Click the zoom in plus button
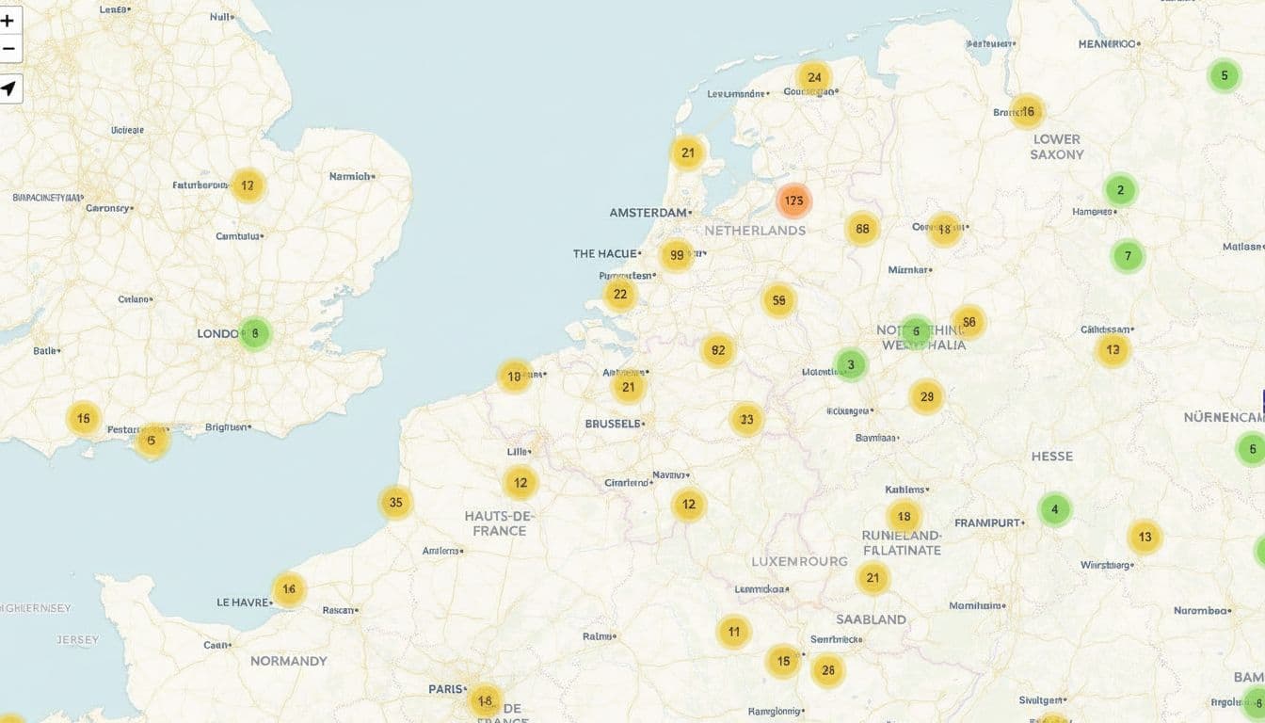click(x=8, y=20)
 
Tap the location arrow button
click(x=8, y=88)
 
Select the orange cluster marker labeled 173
click(x=793, y=201)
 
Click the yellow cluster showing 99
click(x=676, y=255)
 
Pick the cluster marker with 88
click(x=861, y=229)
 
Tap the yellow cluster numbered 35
click(x=396, y=502)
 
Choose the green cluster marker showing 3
click(x=851, y=364)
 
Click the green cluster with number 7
click(x=1128, y=256)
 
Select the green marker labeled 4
click(x=1055, y=509)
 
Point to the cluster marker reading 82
click(x=718, y=350)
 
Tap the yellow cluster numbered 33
click(x=746, y=419)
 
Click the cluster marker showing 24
click(x=813, y=77)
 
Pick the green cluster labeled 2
click(x=1120, y=190)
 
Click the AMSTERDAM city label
click(x=649, y=213)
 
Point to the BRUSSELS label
click(x=614, y=424)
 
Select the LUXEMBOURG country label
click(x=799, y=561)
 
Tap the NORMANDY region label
click(x=289, y=661)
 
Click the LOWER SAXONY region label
click(x=1056, y=146)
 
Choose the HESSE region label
click(x=1051, y=457)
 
